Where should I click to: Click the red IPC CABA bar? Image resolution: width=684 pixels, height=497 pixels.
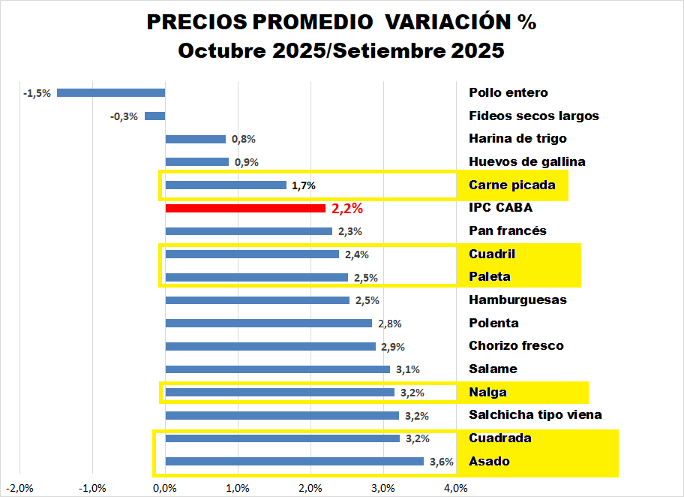(x=245, y=208)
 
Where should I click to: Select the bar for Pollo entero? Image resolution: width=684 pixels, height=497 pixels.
(x=111, y=93)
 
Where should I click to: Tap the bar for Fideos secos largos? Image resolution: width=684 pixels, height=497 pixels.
(x=154, y=116)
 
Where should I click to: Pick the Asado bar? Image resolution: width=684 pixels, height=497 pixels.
(x=294, y=462)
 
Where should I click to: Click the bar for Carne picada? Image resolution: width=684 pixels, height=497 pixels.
(x=226, y=185)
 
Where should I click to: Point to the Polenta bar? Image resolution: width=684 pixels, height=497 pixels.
(x=268, y=324)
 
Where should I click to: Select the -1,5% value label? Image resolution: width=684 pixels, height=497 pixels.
(x=37, y=93)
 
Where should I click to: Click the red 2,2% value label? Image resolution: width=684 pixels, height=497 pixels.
(x=347, y=209)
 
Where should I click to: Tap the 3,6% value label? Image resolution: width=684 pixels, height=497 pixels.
(x=442, y=462)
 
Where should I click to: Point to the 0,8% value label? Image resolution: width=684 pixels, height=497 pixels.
(x=244, y=139)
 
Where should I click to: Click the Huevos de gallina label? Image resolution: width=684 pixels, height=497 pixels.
(x=527, y=161)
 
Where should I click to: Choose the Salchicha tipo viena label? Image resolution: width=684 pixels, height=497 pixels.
(x=535, y=415)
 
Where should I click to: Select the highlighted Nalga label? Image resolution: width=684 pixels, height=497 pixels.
(x=487, y=392)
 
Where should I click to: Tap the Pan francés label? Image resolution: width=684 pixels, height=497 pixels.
(x=508, y=230)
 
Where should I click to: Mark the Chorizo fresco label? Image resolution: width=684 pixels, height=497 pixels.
(x=516, y=346)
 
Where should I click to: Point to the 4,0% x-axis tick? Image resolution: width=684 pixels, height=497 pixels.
(x=456, y=488)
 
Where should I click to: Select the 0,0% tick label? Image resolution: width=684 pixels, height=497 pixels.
(x=165, y=488)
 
